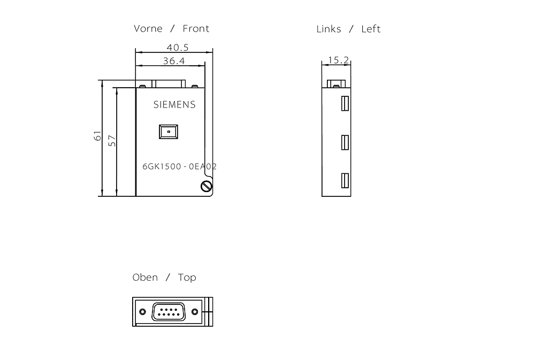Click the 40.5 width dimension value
tap(174, 48)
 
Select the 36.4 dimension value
tap(174, 61)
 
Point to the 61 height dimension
tap(97, 136)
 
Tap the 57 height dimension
tap(112, 141)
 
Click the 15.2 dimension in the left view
tap(338, 60)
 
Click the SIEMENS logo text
tap(174, 105)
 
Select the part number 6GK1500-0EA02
tap(179, 166)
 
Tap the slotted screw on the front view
tap(205, 186)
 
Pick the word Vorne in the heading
tap(148, 28)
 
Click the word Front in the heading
tap(196, 28)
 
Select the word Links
tap(328, 29)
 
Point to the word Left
tap(371, 29)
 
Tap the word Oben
tap(145, 277)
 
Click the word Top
tap(187, 277)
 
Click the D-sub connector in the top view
tap(169, 312)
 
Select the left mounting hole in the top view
tap(142, 312)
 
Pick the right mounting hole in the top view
tap(195, 312)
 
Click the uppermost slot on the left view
tap(345, 103)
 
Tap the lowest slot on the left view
tap(345, 181)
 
